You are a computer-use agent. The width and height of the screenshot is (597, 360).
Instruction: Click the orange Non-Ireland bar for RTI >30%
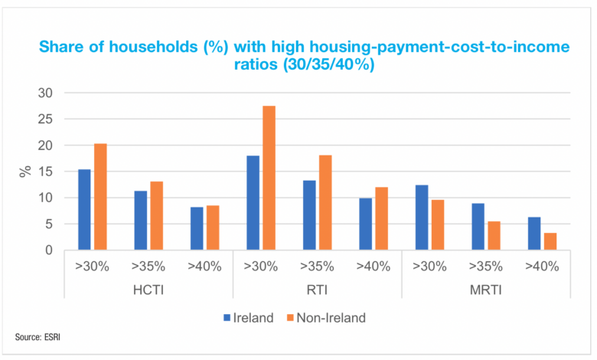coord(269,178)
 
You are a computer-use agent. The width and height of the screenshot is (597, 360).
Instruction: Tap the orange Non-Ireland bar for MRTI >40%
coord(550,241)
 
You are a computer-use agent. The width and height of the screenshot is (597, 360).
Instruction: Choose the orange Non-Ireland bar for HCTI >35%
coord(157,215)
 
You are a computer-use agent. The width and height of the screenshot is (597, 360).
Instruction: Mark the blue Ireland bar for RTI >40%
coord(366,224)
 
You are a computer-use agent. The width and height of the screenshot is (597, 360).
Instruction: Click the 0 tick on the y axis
coord(50,250)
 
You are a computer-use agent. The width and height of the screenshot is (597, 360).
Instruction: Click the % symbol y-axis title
coord(24,171)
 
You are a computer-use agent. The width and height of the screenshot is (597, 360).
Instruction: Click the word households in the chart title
coord(141,47)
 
